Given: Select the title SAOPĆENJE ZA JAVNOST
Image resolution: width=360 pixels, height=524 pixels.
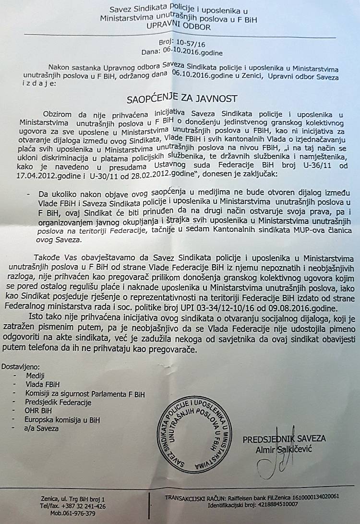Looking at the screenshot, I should [x=181, y=99].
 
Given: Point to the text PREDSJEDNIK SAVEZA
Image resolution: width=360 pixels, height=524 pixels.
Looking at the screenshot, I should [x=284, y=439].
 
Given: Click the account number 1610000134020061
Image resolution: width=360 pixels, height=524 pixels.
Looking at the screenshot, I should [x=312, y=497].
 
